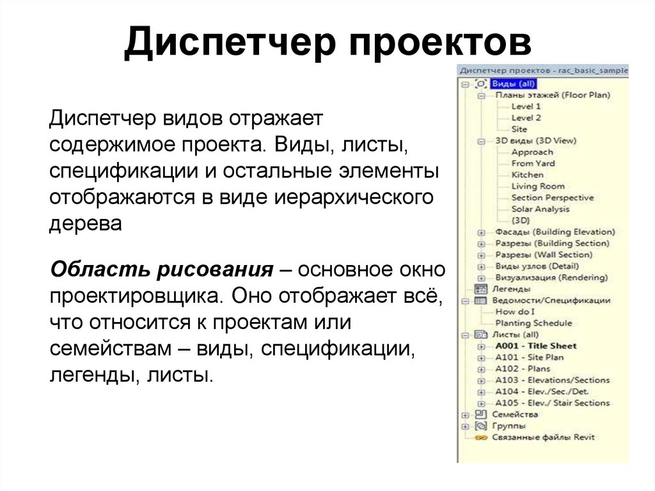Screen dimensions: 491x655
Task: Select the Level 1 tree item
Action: [x=526, y=106]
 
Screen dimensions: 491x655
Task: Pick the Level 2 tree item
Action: [x=526, y=118]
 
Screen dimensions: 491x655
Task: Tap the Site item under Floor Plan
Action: [x=519, y=129]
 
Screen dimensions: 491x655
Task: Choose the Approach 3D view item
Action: [x=532, y=152]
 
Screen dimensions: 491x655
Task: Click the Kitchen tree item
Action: [x=528, y=175]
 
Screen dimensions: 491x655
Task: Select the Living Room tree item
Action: [x=538, y=186]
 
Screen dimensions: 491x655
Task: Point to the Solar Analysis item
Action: [x=541, y=209]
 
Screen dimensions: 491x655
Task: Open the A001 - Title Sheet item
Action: [x=535, y=346]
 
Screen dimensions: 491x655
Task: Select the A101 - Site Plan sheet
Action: [x=529, y=357]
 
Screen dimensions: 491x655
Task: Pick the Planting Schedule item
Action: [x=533, y=323]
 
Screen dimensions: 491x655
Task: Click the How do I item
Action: [x=516, y=312]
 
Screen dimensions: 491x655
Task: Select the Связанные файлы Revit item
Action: [x=543, y=437]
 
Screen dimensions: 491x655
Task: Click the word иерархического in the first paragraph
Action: [x=354, y=197]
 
